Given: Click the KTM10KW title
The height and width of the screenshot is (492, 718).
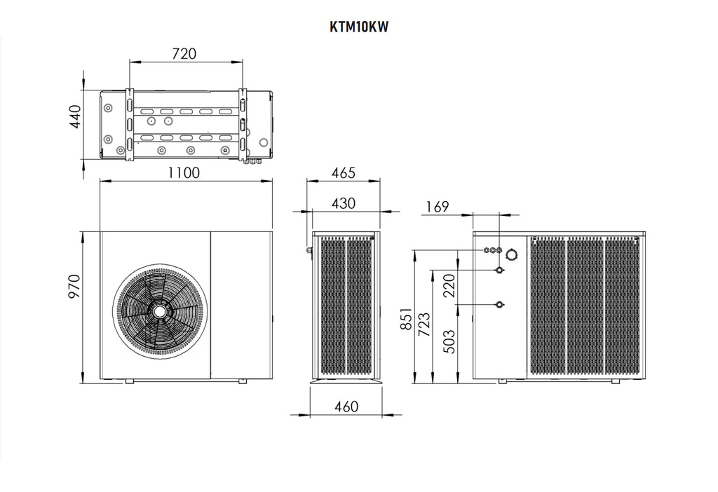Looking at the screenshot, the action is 358,27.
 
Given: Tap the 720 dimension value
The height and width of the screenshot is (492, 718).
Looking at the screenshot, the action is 184,53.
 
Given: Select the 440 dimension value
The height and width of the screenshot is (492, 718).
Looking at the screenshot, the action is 75,116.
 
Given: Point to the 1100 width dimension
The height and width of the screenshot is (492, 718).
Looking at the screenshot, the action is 184,172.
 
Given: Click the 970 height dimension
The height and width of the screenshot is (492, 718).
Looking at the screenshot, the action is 74,286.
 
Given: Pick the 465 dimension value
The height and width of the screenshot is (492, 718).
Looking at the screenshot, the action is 343,172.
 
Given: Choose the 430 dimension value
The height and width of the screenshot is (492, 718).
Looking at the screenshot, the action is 343,203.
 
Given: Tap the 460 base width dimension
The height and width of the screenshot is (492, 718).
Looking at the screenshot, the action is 346,406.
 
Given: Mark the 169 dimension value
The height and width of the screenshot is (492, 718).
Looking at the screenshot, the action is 438,207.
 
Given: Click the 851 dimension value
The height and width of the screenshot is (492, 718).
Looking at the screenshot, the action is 407,319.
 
